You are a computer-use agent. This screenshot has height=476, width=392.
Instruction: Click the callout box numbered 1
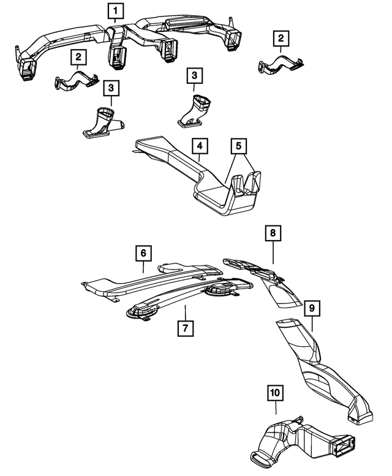116,10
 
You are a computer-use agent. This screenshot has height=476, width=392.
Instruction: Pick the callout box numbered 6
142,252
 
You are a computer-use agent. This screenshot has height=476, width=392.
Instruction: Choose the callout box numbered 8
273,233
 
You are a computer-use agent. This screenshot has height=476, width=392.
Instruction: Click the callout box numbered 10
276,390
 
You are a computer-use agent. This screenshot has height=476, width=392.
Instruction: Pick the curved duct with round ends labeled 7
184,297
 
